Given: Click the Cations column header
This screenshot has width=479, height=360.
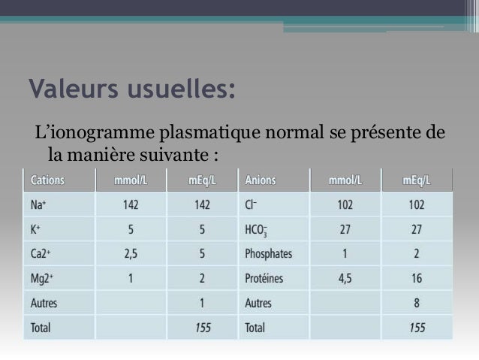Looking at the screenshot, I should click(47, 180).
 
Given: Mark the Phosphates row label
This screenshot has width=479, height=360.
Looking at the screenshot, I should click(268, 255).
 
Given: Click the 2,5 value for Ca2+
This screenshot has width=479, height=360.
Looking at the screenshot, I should click(130, 255).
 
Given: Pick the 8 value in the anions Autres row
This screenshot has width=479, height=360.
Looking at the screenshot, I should click(417, 304).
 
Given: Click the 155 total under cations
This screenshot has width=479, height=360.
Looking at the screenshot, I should click(202, 328).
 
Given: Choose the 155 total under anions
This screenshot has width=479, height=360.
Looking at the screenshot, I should click(417, 328).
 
